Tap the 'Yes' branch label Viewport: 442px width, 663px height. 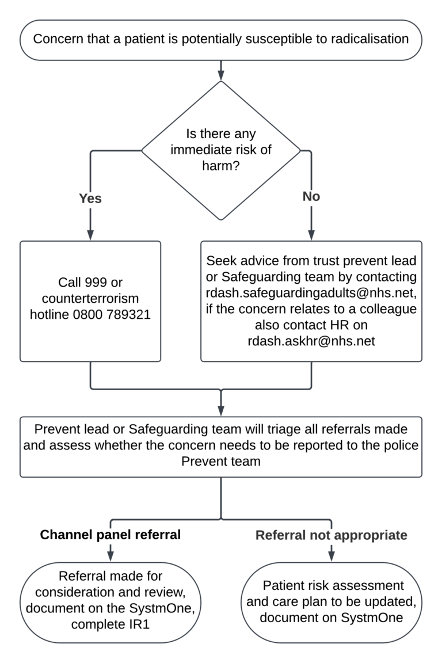point(90,198)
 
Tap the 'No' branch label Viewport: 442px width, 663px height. point(311,197)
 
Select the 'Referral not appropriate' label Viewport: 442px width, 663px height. point(331,535)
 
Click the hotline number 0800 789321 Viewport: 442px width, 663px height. point(118,315)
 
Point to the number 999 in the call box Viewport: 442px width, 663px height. point(94,283)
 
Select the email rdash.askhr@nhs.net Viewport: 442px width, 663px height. point(310,341)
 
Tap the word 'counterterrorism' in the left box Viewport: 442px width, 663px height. point(90,299)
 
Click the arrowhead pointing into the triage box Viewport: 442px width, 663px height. point(221,412)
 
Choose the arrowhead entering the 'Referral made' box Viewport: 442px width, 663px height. point(110,556)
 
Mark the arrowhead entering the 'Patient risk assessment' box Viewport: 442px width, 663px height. point(331,556)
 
